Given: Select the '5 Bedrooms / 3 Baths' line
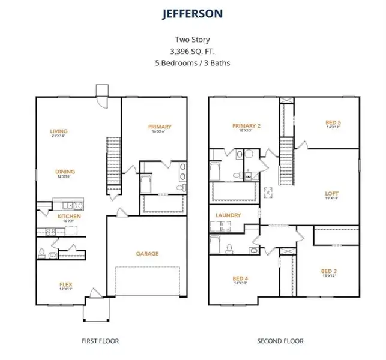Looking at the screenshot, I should pos(193,62).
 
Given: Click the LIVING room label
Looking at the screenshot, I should pos(59,131).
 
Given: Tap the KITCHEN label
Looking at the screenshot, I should pos(69,216).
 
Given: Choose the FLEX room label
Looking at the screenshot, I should pos(65,284).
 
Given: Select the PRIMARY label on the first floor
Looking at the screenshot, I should pos(160,127).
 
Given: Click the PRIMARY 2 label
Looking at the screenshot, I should pos(246,125).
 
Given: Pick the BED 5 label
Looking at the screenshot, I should pos(333,122).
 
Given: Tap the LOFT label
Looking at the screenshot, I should pos(331,193).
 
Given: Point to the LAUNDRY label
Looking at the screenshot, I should pos(229,215).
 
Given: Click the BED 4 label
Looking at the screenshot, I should pos(240,278).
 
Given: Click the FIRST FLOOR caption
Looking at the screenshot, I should pos(100,341).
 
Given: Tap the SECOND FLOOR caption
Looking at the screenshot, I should pos(280,341).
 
